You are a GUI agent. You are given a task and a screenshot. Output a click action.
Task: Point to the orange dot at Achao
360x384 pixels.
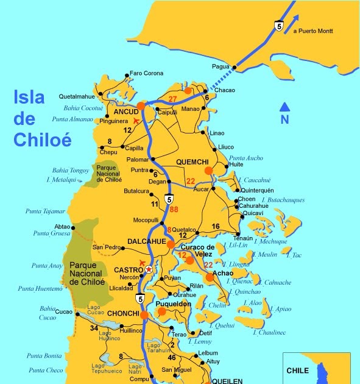pos(210,276)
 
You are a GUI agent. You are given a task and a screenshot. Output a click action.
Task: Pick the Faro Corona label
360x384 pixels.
pos(147,74)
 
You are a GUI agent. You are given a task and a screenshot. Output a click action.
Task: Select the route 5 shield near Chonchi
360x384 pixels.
pos(140,299)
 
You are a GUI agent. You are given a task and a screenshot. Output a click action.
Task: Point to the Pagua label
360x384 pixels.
pos(221,66)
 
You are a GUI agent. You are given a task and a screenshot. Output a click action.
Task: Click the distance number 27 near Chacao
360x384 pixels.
pos(172,99)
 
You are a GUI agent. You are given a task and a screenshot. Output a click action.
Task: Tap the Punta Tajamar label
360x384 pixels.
pos(45,211)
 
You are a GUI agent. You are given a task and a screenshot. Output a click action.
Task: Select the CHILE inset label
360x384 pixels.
pos(298,370)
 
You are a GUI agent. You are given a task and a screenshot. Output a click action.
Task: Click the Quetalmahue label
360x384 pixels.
pos(77,96)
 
